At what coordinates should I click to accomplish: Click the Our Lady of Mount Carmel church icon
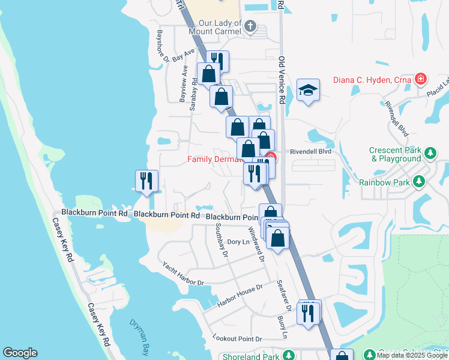251,26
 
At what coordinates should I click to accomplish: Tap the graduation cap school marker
308,91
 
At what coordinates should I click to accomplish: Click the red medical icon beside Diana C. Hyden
421,79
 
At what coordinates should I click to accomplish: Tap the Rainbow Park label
384,182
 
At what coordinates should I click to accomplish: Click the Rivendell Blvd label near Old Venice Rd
311,152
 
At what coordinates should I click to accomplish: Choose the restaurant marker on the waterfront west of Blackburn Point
146,181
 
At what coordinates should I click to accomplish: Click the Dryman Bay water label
142,332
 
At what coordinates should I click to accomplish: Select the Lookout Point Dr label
237,339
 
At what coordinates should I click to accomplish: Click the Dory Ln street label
238,242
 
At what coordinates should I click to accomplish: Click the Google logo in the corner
20,353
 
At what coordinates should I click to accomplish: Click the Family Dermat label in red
215,160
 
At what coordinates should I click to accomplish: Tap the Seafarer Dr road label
284,296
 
